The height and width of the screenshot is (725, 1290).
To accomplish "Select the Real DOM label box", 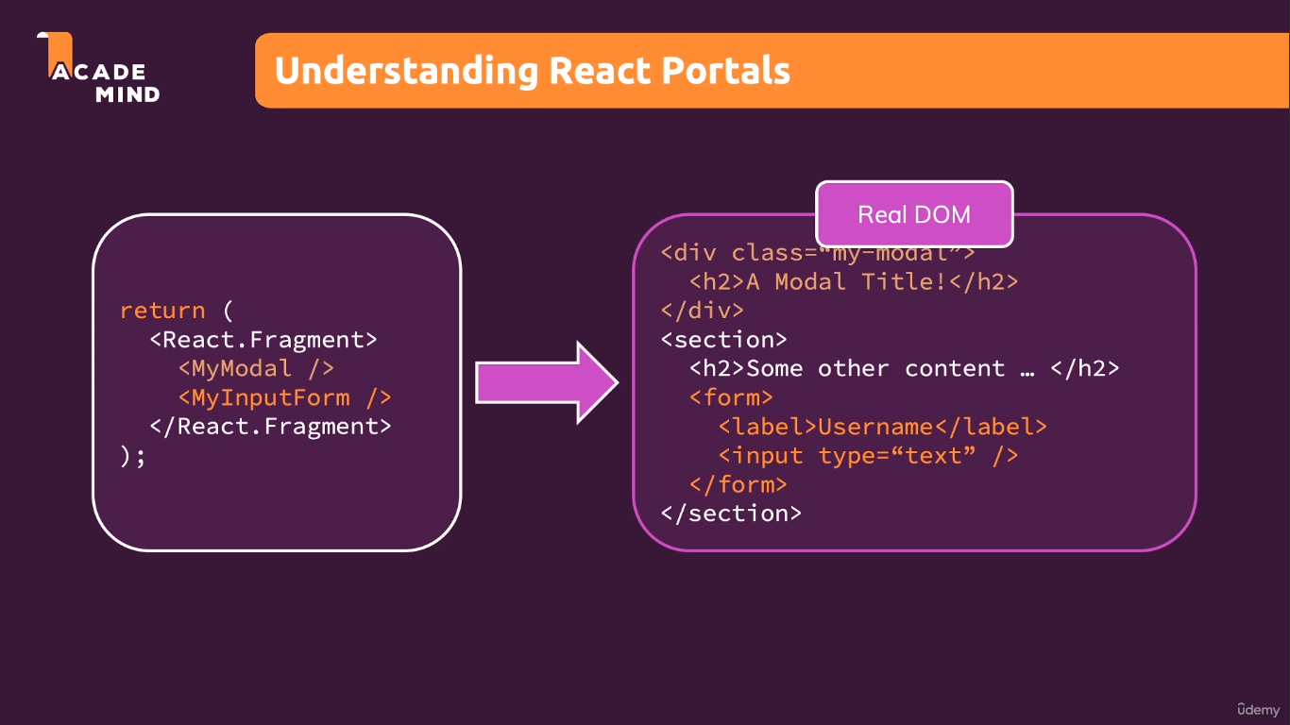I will tap(913, 214).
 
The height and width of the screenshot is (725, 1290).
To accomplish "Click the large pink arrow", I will tap(546, 382).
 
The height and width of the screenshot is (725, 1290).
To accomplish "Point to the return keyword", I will tap(162, 311).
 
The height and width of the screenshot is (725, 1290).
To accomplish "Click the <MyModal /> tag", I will tap(256, 368).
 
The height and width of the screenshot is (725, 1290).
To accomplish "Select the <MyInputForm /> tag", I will tap(284, 397).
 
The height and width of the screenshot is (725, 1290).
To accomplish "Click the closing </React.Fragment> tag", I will tap(270, 426).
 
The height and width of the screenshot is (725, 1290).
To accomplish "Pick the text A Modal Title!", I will tap(846, 281).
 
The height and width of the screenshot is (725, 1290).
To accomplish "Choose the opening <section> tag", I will tap(723, 340).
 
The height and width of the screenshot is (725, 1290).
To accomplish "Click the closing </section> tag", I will tap(731, 514).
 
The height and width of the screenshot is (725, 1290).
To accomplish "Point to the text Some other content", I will tap(875, 368).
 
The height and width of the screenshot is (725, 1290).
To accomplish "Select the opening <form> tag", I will tap(731, 397).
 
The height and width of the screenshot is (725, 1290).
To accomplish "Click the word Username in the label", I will tap(875, 427).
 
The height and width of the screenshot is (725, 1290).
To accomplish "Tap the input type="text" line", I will tap(868, 456).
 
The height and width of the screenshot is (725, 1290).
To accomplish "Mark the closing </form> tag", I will tap(738, 484).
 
